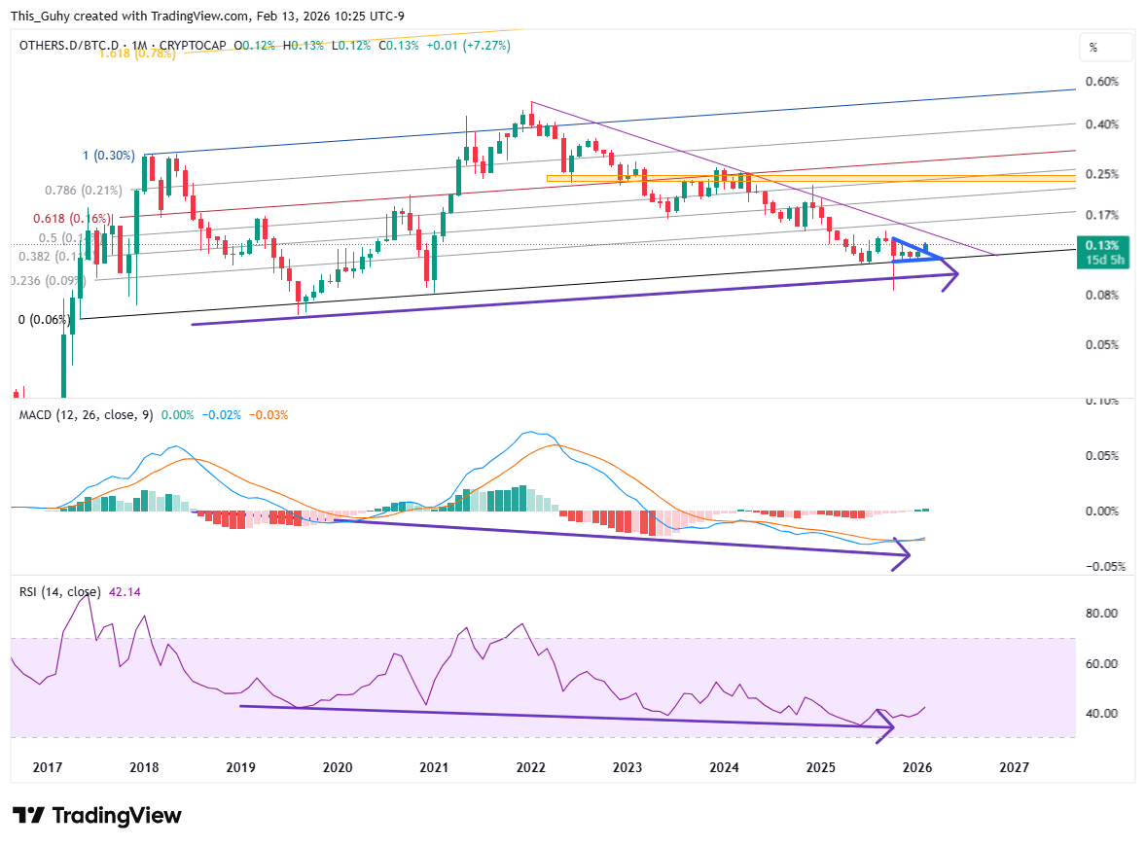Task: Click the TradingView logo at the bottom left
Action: (96, 816)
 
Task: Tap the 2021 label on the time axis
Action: (434, 767)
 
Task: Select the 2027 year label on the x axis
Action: (1014, 767)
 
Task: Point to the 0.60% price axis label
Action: (1101, 82)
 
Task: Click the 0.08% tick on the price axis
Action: (1101, 295)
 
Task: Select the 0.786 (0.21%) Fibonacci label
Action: (84, 190)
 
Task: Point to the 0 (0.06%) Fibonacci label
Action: (45, 319)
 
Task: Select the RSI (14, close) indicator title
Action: (59, 591)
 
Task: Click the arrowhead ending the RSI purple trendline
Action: (887, 727)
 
